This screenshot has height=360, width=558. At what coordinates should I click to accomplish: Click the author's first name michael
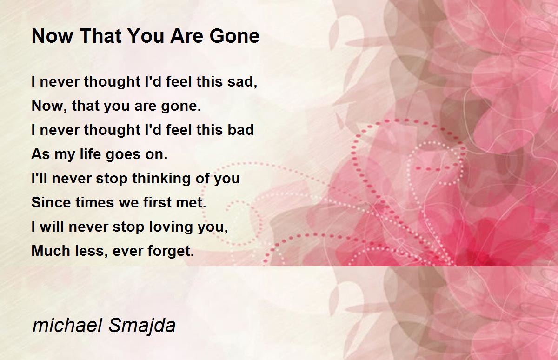[x=67, y=326]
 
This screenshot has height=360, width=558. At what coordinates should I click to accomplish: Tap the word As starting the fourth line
[x=41, y=154]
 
